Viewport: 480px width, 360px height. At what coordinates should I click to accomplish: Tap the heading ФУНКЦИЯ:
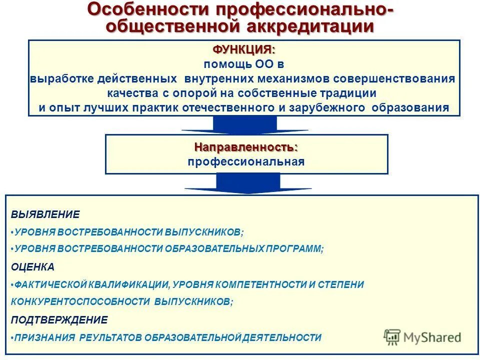244,49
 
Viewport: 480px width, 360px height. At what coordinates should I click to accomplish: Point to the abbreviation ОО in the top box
263,64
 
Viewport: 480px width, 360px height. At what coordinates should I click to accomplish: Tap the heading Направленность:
246,147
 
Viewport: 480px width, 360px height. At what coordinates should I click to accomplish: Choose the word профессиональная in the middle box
246,161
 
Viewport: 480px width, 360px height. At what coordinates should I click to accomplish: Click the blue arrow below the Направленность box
248,183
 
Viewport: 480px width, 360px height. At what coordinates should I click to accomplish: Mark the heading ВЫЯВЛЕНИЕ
45,214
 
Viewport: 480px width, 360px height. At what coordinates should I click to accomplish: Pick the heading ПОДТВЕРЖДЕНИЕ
59,319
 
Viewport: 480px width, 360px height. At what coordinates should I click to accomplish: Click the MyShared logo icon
392,337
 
